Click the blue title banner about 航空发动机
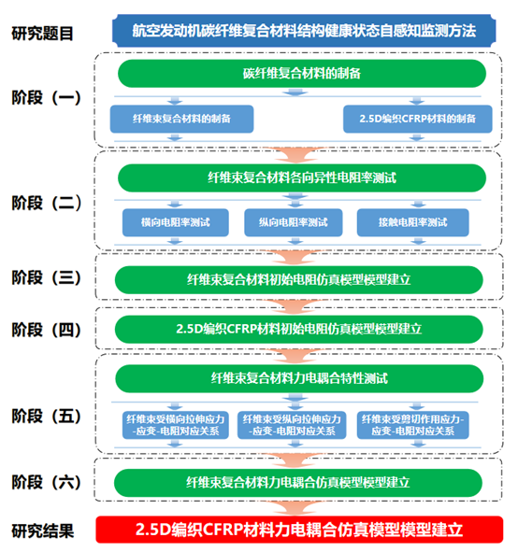tap(304, 31)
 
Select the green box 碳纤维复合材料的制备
tap(302, 74)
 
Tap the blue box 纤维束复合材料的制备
tap(181, 119)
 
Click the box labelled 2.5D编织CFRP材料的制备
tap(418, 119)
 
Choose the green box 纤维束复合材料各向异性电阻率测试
tap(302, 177)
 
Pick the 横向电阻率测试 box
tap(176, 222)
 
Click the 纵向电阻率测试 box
tap(294, 222)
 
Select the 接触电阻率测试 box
tap(412, 222)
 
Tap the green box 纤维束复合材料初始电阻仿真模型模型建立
tap(299, 280)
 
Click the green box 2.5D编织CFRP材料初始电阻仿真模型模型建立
tap(299, 329)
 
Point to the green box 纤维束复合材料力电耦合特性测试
tap(299, 379)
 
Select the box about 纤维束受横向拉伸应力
tap(176, 425)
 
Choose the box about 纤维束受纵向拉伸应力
tap(292, 425)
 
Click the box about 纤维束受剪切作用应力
tap(412, 425)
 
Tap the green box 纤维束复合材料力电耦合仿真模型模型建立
tap(298, 483)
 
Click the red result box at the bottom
tap(299, 530)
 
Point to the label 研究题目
tap(42, 34)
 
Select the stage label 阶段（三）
tap(47, 277)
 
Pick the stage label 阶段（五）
tap(47, 417)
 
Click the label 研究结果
tap(43, 531)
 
